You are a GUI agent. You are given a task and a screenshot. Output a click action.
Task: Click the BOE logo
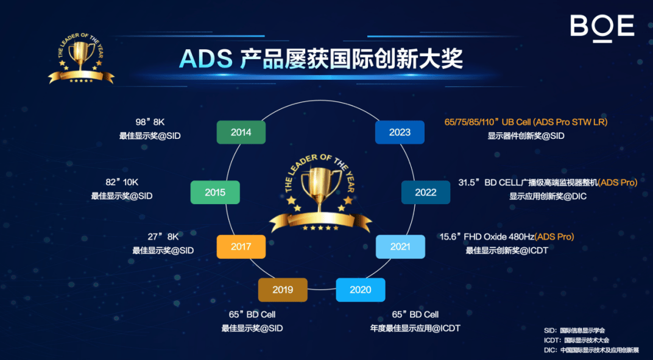tap(602, 27)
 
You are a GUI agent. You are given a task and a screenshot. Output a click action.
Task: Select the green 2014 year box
tap(241, 132)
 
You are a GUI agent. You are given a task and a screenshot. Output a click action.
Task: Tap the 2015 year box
tap(215, 192)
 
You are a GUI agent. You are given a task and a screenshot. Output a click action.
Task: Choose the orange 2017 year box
tap(241, 247)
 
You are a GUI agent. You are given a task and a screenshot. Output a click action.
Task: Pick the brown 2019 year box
tap(283, 290)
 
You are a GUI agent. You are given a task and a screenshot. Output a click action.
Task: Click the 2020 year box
tap(361, 290)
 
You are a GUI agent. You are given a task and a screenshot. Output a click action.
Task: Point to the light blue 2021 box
tap(400, 247)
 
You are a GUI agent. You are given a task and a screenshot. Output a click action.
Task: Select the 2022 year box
tap(426, 192)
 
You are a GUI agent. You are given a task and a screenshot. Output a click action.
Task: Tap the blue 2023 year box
tap(400, 132)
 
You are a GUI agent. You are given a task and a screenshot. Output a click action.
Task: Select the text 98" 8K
tap(150, 122)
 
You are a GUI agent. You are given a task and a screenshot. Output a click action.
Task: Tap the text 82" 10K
tap(122, 182)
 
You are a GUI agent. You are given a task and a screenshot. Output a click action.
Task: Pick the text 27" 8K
tap(163, 236)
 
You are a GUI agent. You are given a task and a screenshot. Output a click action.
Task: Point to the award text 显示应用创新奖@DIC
tap(542, 196)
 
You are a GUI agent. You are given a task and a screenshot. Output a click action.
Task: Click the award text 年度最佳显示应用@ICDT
tap(415, 328)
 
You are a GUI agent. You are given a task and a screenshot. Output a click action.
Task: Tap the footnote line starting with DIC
tap(591, 350)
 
